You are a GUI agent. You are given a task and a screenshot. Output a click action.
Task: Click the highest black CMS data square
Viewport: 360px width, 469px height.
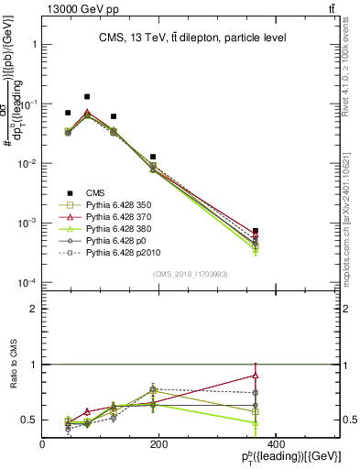pyautogui.click(x=87, y=96)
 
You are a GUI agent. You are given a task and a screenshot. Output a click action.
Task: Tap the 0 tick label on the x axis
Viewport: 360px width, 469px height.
pyautogui.click(x=43, y=444)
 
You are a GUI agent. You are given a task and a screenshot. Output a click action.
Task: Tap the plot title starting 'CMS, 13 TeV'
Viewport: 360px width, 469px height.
pyautogui.click(x=192, y=38)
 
